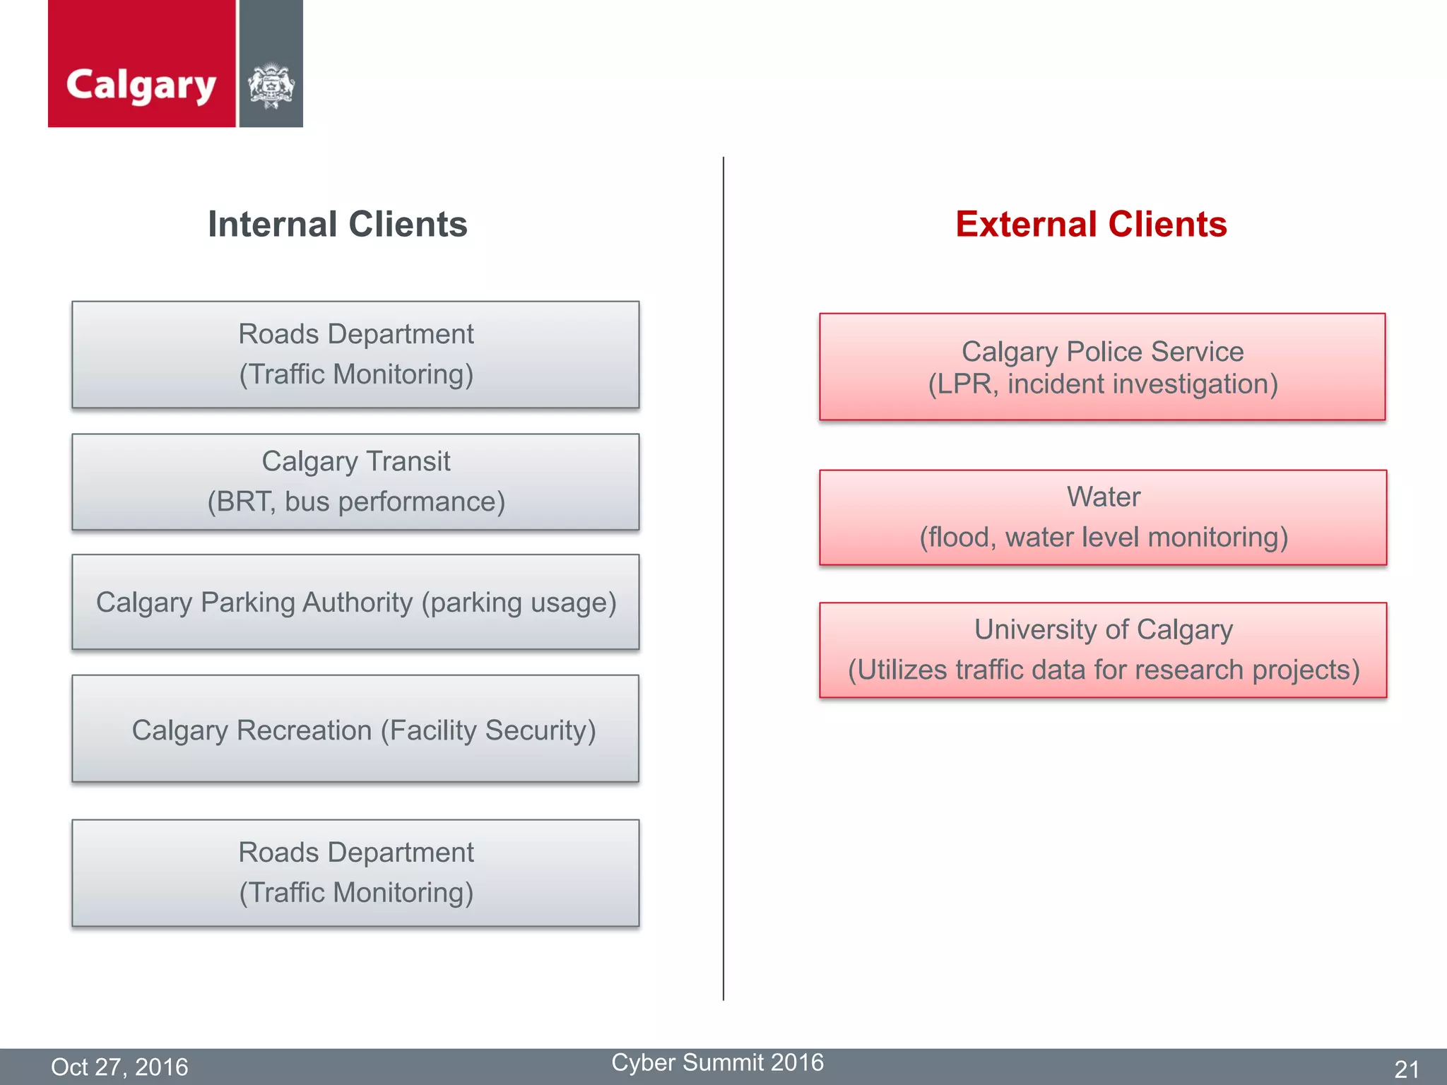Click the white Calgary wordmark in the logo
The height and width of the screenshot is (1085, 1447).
pyautogui.click(x=141, y=85)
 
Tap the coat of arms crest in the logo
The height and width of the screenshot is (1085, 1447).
pyautogui.click(x=271, y=86)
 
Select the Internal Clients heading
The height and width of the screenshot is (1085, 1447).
pyautogui.click(x=337, y=225)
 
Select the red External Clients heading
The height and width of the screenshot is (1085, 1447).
pyautogui.click(x=1091, y=225)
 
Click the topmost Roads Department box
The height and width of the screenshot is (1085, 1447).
pyautogui.click(x=355, y=355)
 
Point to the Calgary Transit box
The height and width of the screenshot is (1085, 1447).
pyautogui.click(x=355, y=482)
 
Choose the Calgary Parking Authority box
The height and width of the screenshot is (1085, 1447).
pyautogui.click(x=355, y=602)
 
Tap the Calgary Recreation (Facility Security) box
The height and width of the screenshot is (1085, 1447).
pyautogui.click(x=355, y=729)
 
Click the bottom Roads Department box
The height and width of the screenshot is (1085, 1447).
pyautogui.click(x=355, y=873)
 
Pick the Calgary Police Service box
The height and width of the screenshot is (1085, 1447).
pyautogui.click(x=1102, y=367)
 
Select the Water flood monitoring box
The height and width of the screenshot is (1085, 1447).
pyautogui.click(x=1103, y=517)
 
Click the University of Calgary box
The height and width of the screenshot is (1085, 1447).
pyautogui.click(x=1103, y=650)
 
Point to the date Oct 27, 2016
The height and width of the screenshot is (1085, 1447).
pyautogui.click(x=119, y=1067)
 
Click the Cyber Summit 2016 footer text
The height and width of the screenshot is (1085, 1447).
pyautogui.click(x=717, y=1062)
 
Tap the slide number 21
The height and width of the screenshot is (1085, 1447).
pyautogui.click(x=1406, y=1069)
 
